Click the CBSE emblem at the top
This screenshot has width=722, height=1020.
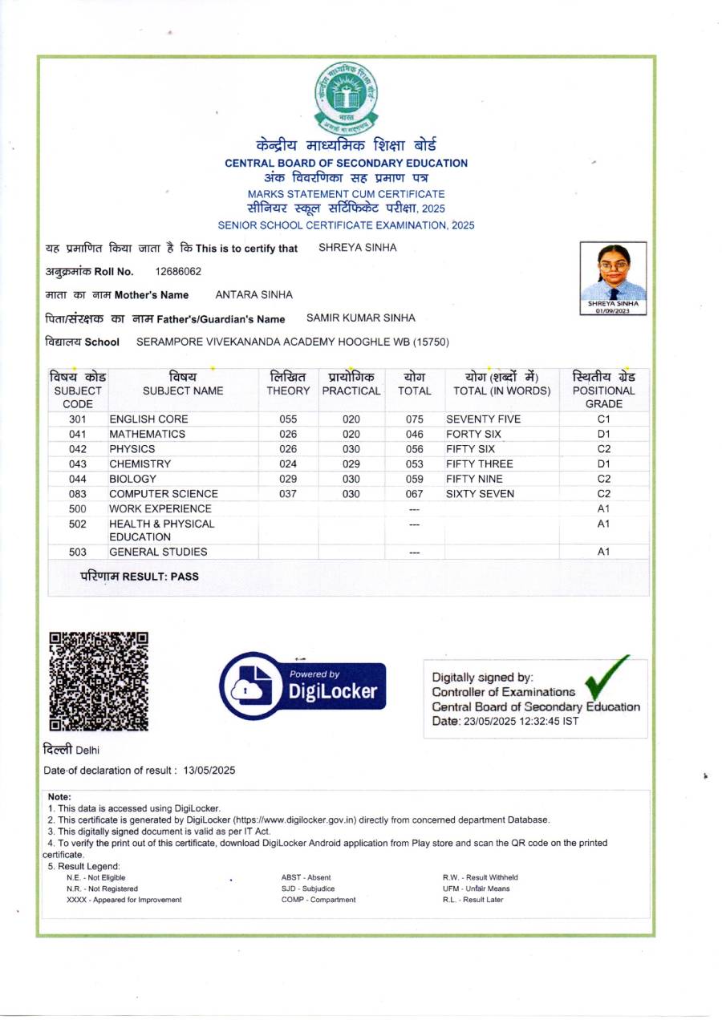tap(347, 98)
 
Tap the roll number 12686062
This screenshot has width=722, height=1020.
tap(178, 271)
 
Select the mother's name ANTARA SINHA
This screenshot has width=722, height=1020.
tap(254, 295)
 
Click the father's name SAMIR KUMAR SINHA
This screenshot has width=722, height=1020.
tap(361, 318)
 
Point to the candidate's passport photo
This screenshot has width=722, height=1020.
tap(614, 277)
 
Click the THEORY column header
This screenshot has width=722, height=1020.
tap(288, 391)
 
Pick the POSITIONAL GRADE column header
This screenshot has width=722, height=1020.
tap(603, 391)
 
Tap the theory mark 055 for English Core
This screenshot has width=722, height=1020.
tap(288, 419)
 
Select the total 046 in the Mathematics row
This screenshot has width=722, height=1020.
tap(414, 434)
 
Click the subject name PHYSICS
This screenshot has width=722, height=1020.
tap(132, 449)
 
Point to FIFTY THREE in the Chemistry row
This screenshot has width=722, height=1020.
tap(479, 463)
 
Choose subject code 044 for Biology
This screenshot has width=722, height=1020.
tap(78, 479)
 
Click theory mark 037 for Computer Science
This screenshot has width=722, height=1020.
tap(288, 494)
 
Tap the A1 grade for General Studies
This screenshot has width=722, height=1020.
tap(604, 552)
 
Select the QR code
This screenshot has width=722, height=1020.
tap(99, 681)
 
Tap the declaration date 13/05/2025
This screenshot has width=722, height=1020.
tap(209, 771)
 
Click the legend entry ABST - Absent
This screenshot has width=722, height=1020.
tap(306, 877)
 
